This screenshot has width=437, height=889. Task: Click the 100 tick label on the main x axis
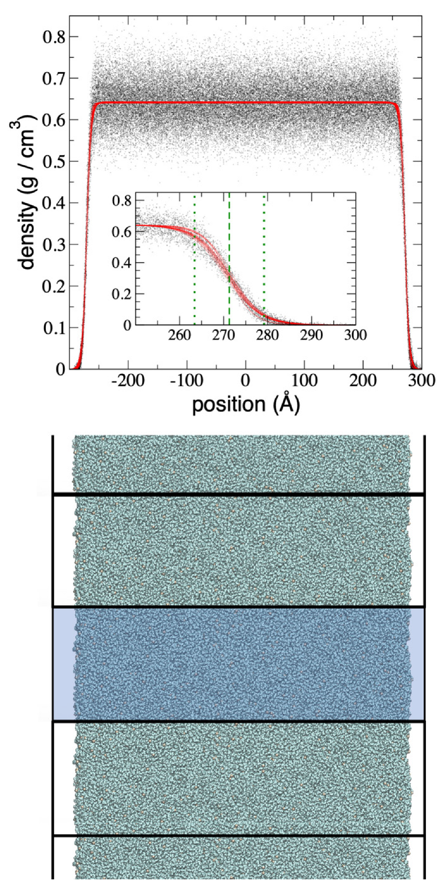pyautogui.click(x=305, y=381)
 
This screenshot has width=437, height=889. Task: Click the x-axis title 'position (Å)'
pyautogui.click(x=246, y=405)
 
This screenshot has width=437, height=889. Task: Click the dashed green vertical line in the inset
pyautogui.click(x=229, y=257)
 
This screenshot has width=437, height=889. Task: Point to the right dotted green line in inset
pyautogui.click(x=264, y=257)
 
